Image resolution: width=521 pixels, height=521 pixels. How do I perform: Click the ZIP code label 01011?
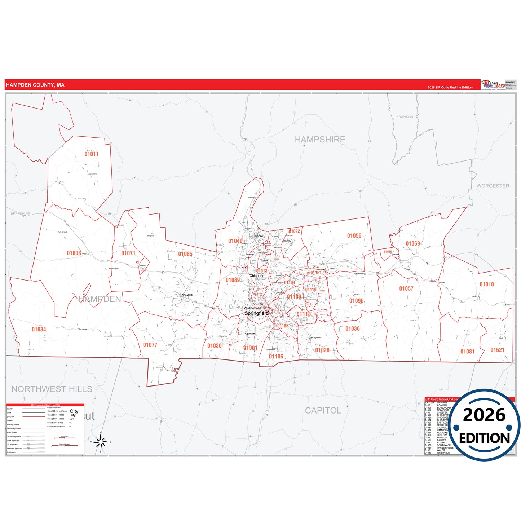92,154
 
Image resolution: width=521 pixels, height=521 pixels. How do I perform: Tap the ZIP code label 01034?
39,329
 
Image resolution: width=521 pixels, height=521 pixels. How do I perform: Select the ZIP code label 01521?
497,350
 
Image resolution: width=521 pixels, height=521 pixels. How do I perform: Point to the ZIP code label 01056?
354,236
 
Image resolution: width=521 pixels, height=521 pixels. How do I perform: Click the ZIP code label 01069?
413,243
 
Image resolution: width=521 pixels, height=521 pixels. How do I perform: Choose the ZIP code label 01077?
150,345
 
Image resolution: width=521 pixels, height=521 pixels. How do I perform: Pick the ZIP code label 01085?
185,254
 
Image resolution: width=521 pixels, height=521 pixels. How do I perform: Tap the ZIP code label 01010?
487,284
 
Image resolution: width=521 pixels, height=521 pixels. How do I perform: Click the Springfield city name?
256,313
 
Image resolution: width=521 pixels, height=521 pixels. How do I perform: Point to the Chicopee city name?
257,276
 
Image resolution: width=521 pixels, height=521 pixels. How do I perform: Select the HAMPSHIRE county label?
320,140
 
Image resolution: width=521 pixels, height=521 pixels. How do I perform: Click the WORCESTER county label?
493,186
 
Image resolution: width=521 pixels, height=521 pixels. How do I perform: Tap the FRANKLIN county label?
405,117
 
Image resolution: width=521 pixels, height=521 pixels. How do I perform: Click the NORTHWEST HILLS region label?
52,389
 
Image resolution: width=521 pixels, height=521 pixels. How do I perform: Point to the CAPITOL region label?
323,410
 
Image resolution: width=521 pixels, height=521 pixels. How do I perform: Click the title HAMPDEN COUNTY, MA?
35,85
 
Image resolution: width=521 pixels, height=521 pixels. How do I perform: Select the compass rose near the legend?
101,442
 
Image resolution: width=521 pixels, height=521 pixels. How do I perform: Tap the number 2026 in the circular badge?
484,415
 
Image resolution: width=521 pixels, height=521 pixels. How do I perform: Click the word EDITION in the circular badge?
484,438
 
